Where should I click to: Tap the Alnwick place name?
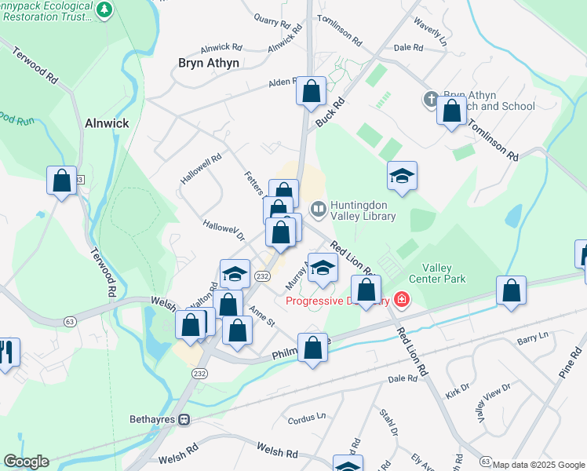click(107, 123)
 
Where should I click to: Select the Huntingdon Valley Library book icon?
click(318, 209)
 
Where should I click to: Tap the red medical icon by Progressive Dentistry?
click(402, 300)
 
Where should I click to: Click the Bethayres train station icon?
click(184, 419)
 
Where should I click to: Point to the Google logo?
click(25, 462)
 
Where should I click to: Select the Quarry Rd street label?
click(272, 19)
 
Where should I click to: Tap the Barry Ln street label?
click(532, 337)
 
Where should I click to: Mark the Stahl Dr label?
click(387, 422)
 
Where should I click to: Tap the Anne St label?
click(261, 317)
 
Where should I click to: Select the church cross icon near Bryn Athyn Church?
click(429, 99)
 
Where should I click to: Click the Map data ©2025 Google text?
click(538, 465)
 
